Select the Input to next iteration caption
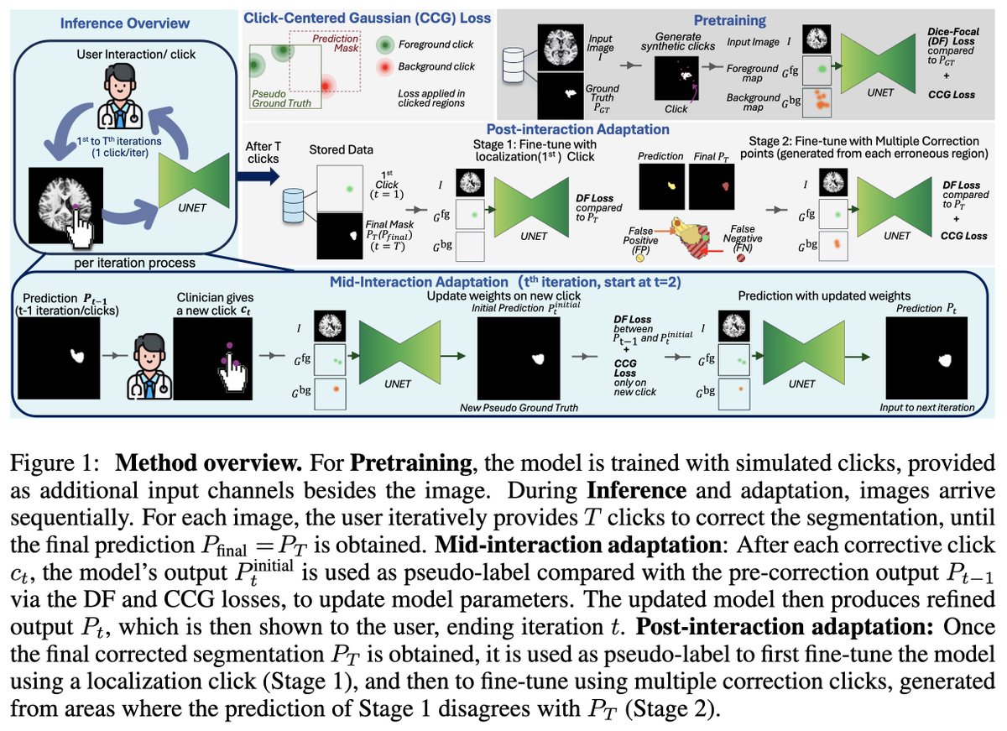926,408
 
